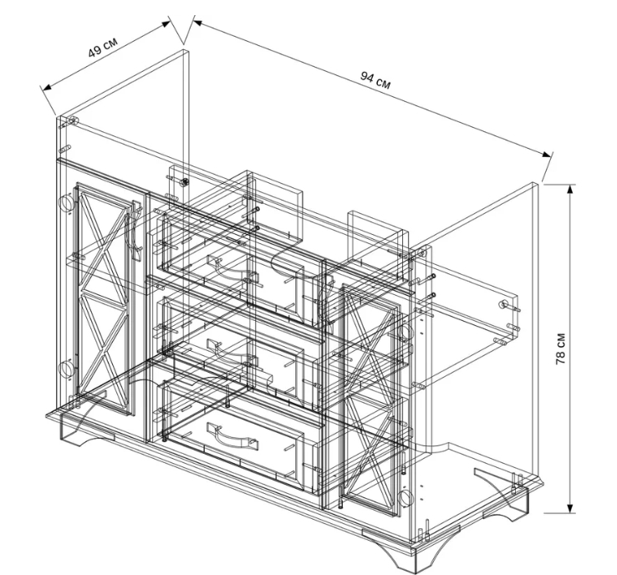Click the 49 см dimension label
(x=102, y=47)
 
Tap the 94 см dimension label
(x=375, y=80)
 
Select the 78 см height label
(x=561, y=349)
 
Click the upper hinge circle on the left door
(x=65, y=203)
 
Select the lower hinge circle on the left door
(x=65, y=369)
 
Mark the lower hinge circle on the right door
(x=405, y=498)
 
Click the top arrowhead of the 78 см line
(x=570, y=190)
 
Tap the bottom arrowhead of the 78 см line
(x=570, y=507)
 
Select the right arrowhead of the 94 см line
(x=547, y=154)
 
